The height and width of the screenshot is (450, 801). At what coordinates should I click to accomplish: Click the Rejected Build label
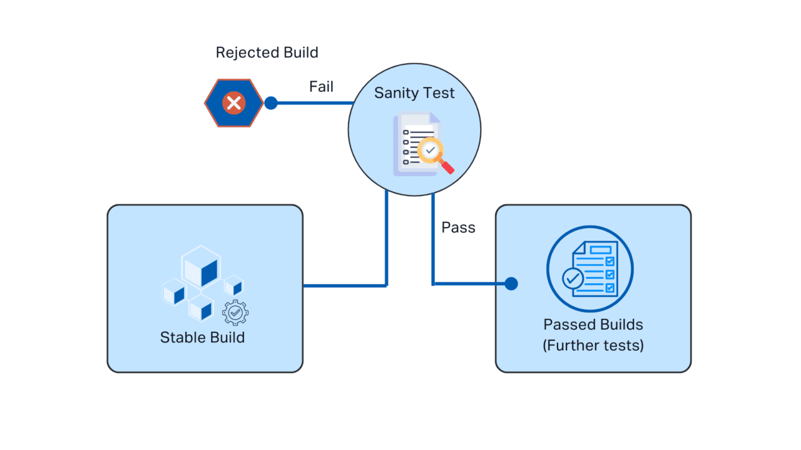(x=267, y=52)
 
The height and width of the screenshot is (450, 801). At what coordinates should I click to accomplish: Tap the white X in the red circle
(x=234, y=103)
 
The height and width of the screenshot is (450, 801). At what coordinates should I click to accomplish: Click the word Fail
(x=321, y=87)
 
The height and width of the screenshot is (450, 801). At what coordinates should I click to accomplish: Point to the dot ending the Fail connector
(x=271, y=103)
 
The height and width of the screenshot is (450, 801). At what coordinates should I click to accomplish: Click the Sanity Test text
(x=414, y=93)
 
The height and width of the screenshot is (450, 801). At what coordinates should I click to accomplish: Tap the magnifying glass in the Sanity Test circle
(x=431, y=151)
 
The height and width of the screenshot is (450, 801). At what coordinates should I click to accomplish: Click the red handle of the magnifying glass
(x=447, y=167)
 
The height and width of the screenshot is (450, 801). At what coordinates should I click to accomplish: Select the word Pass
(x=458, y=227)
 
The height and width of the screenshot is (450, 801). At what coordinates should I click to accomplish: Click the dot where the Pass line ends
(x=511, y=284)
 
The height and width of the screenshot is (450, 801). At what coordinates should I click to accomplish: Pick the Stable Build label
(x=202, y=337)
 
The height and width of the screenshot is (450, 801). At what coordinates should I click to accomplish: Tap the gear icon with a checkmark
(x=235, y=312)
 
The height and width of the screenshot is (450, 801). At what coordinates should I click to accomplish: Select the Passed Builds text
(x=593, y=325)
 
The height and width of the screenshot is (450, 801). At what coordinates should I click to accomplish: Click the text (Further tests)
(x=593, y=345)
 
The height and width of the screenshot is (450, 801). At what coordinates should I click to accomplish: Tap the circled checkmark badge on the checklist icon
(x=572, y=278)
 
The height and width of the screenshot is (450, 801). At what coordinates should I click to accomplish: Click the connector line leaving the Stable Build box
(x=344, y=286)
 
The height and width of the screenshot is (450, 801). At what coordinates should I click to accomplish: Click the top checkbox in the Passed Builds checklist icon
(x=610, y=261)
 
